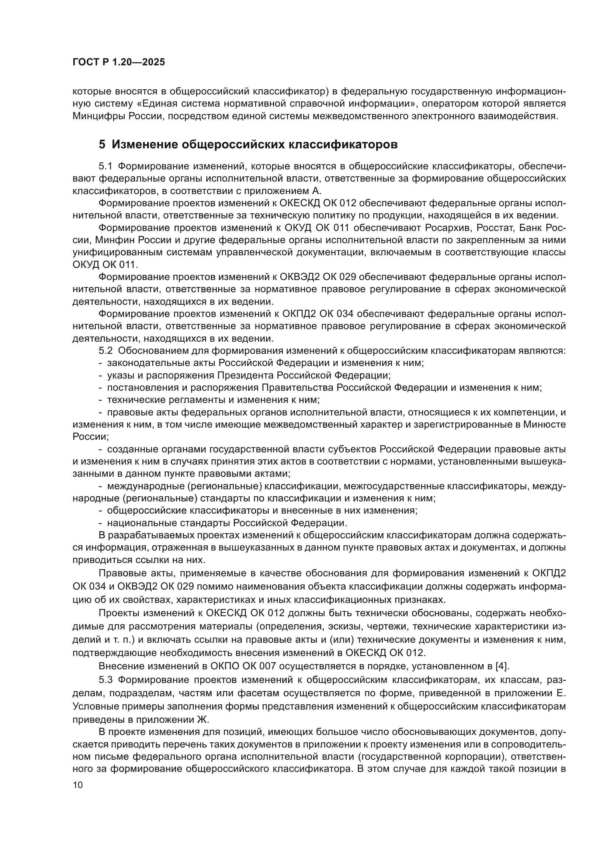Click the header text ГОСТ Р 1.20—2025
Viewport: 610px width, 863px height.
(x=119, y=62)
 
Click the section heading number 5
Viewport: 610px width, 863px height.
(x=102, y=145)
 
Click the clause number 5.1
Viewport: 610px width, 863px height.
(x=105, y=166)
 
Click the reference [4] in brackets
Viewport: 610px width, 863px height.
(x=502, y=666)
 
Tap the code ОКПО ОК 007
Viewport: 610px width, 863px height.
(x=243, y=666)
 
